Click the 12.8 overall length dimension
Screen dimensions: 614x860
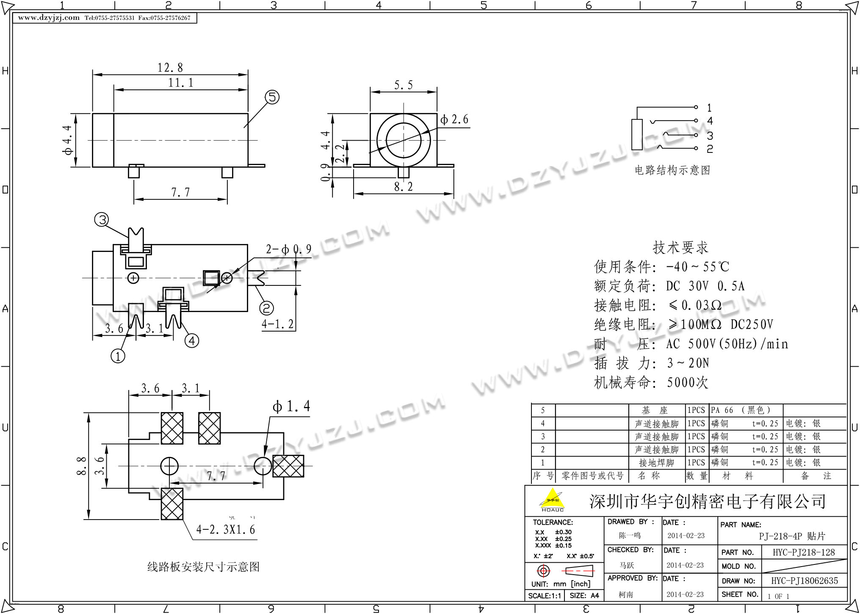170,68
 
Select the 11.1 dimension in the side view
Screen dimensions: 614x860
181,83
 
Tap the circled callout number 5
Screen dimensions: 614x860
272,97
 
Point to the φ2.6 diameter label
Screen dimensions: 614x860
454,120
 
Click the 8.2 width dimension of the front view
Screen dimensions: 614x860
403,187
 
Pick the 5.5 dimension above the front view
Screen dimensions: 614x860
403,85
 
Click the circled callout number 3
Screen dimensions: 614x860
102,219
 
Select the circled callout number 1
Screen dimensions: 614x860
118,356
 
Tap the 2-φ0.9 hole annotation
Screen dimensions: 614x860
288,249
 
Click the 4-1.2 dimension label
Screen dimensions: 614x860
277,324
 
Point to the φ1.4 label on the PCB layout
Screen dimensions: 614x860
291,407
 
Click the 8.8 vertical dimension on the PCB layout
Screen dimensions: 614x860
81,466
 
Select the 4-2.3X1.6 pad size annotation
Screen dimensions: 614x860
226,530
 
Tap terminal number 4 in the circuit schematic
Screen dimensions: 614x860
710,121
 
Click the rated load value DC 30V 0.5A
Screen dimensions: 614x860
705,286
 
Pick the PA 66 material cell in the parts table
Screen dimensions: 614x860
722,410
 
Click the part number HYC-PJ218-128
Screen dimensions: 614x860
804,552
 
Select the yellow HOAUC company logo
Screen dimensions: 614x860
552,499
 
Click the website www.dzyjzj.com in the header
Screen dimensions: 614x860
49,18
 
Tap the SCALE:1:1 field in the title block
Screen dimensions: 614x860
545,596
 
